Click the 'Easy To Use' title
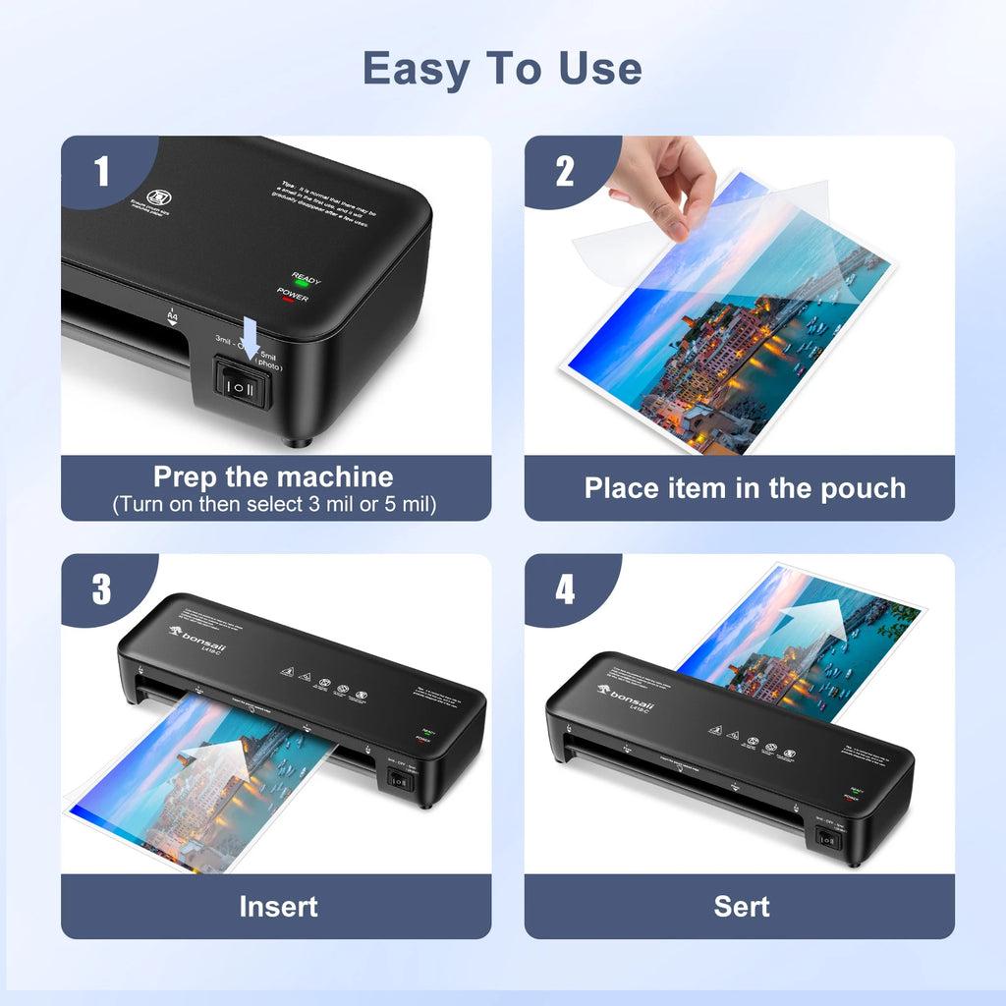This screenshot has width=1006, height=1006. (x=502, y=69)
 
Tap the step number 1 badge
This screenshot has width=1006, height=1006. (x=101, y=172)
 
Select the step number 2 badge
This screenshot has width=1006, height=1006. (x=564, y=172)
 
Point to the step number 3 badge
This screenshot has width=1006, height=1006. (x=101, y=589)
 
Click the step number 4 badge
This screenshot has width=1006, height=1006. (x=564, y=589)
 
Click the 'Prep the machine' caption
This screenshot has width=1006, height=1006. (x=273, y=477)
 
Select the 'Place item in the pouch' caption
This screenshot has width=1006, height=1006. (x=745, y=488)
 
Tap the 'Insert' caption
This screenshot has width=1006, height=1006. (x=278, y=906)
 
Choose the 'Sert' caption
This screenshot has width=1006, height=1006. (x=742, y=906)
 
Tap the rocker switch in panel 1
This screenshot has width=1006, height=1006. (x=242, y=387)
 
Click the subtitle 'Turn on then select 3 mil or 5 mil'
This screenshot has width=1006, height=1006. (x=273, y=505)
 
